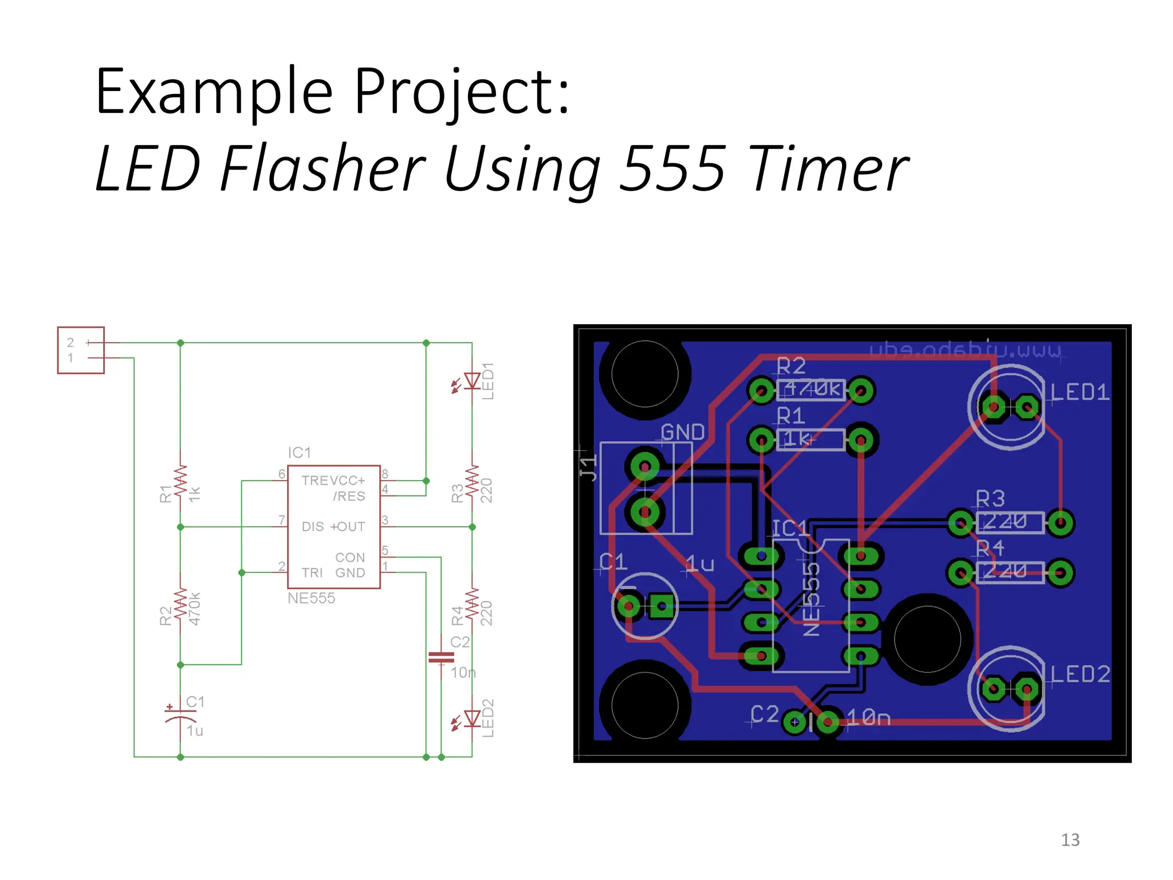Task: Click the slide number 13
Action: (1070, 840)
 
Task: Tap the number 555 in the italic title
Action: (674, 168)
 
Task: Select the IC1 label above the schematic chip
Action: (299, 453)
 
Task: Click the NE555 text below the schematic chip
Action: (311, 598)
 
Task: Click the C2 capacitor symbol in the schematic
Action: (441, 657)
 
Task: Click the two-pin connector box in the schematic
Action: (81, 350)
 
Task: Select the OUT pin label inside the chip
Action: (351, 527)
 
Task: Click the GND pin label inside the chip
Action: (350, 573)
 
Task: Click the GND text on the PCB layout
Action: (682, 432)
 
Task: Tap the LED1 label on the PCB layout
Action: (1080, 392)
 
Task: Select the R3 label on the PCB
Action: (990, 498)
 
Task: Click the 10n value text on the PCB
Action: (868, 718)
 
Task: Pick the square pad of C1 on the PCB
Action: (662, 606)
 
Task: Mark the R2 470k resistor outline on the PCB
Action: (811, 390)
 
